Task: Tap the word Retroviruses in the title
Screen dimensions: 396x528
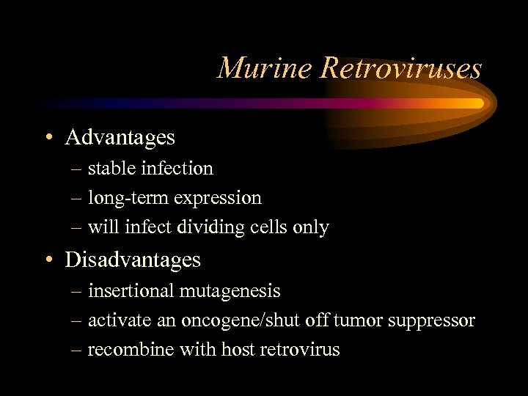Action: point(401,68)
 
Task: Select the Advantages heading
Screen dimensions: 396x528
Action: point(120,137)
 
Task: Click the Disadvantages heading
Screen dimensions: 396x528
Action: point(132,260)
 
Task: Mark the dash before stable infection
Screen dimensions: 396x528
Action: point(77,169)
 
